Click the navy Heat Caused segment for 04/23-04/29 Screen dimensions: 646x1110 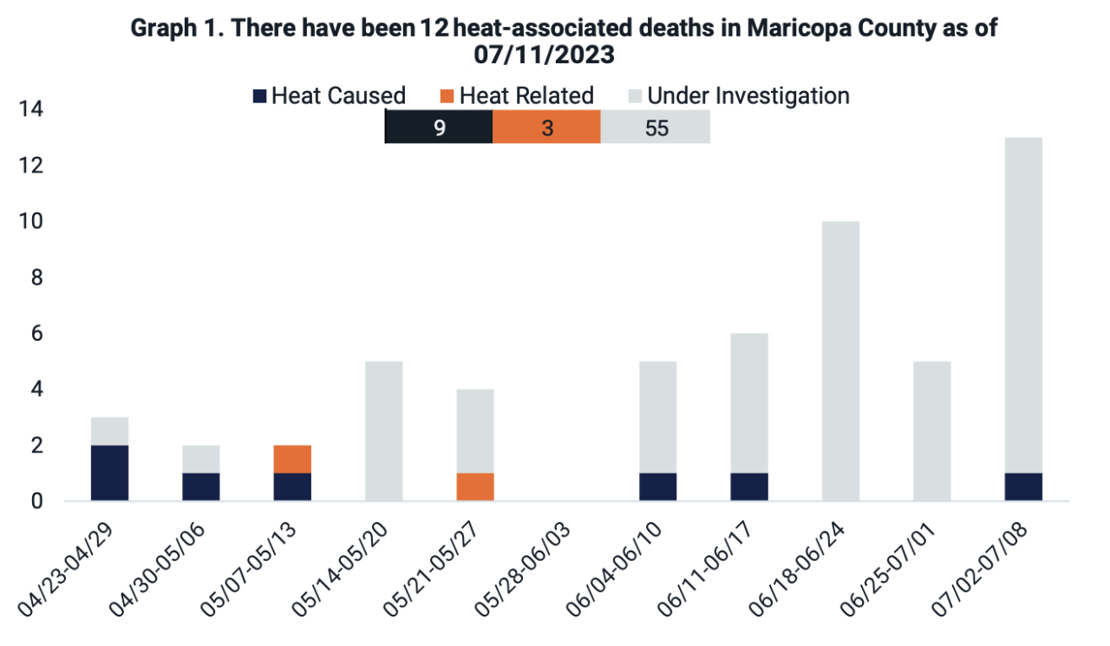point(109,473)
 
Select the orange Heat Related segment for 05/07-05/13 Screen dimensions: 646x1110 point(292,459)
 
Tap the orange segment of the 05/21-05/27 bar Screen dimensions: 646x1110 point(475,486)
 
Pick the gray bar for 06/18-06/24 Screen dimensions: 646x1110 point(840,361)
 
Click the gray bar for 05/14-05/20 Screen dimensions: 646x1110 point(383,431)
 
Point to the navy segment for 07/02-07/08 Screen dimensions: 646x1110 point(1023,486)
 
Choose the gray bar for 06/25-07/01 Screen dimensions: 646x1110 point(932,431)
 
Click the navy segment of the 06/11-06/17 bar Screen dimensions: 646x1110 point(749,486)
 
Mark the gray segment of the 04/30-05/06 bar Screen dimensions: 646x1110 point(200,459)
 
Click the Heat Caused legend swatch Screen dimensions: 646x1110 point(259,95)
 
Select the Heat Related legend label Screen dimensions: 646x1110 point(526,95)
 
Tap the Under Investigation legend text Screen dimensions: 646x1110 point(748,95)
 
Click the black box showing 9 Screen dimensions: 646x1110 point(439,129)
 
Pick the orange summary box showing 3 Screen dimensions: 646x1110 point(546,129)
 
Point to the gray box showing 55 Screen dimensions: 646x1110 point(656,129)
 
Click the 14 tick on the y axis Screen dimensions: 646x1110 point(29,109)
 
